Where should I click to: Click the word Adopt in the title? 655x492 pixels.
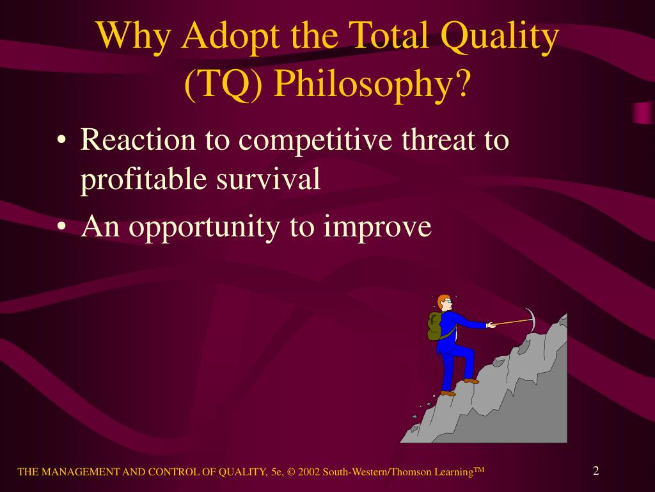coord(230,36)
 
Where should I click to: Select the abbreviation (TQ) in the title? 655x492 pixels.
coord(223,84)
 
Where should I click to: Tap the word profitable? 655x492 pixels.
coord(143,179)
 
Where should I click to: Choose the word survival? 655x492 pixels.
coord(268,179)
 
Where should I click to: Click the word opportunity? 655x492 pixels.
coord(205,227)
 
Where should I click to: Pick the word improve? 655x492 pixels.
coord(377,227)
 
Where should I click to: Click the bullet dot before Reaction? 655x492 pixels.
coord(61,140)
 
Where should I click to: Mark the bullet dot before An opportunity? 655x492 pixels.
coord(61,227)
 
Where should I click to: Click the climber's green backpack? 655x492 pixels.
coord(435,326)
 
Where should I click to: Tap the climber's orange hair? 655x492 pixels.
coord(442,300)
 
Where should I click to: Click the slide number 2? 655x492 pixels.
coord(596,471)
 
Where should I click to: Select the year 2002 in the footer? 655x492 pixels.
coord(309,472)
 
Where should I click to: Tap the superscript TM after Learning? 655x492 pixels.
coord(479,470)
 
